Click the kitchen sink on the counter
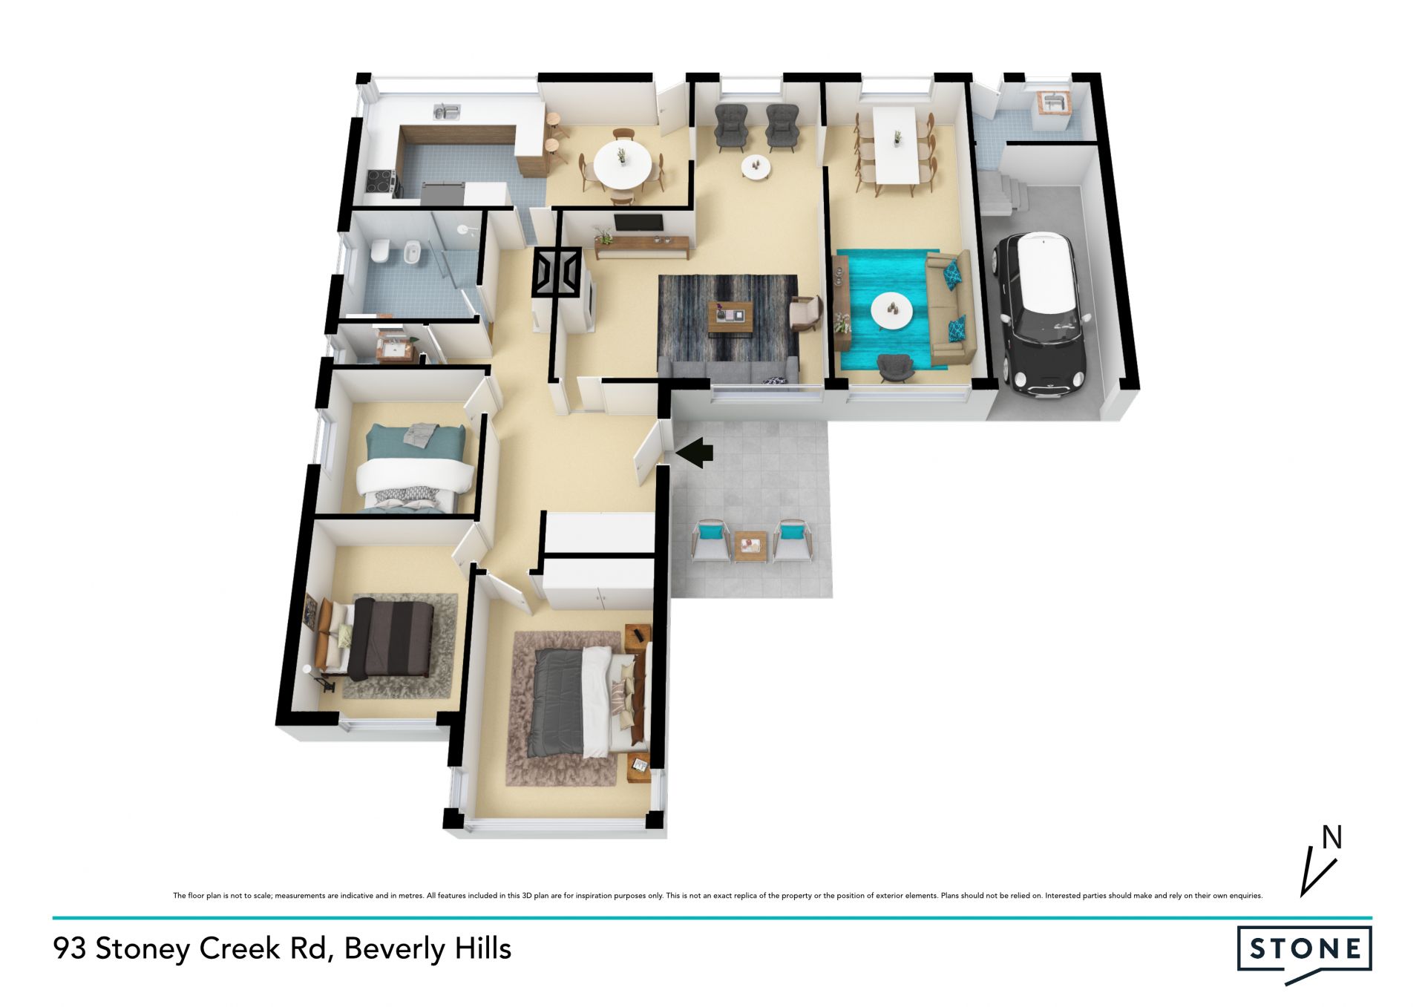[447, 111]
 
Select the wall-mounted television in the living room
[638, 223]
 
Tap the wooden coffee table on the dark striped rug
[730, 317]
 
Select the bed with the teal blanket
[415, 468]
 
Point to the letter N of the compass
[1332, 838]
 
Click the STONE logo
[1304, 954]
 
